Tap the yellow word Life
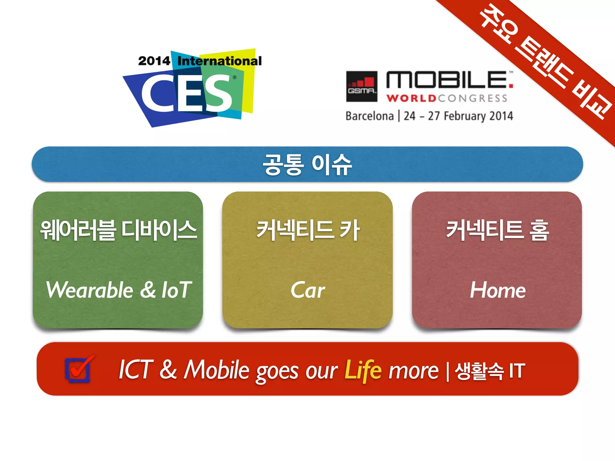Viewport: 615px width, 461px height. [x=363, y=370]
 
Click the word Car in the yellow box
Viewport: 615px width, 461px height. [x=307, y=290]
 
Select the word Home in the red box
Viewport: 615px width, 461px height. [x=497, y=290]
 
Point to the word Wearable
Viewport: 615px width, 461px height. [x=89, y=290]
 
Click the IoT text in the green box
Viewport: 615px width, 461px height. [x=177, y=290]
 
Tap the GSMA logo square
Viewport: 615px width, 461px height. [x=362, y=86]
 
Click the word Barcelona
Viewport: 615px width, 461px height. [x=369, y=116]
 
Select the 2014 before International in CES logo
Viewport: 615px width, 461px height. [x=154, y=61]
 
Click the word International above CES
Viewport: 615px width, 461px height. [x=220, y=61]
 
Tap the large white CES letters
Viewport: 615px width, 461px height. [x=186, y=93]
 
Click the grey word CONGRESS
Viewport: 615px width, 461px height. [x=473, y=98]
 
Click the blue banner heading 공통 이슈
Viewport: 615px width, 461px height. [x=307, y=164]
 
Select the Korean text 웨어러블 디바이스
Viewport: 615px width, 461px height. [x=118, y=230]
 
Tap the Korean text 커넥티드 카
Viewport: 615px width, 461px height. [x=307, y=230]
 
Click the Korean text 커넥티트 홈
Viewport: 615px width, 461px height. [x=497, y=230]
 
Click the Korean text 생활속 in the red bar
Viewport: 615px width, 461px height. [x=479, y=371]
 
